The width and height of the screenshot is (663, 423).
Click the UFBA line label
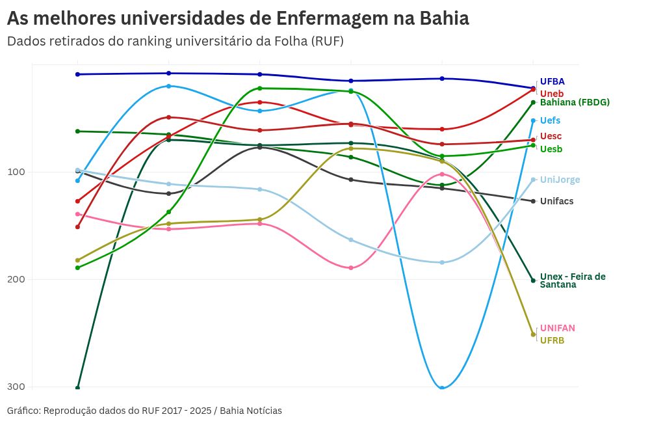pos(552,82)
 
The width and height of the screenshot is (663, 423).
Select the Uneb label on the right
pos(552,94)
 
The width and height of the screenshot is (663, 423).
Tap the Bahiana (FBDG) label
pos(575,102)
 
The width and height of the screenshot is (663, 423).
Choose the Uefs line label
pos(550,120)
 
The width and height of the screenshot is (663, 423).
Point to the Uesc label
pos(551,136)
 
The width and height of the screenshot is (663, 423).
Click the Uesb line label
pos(551,149)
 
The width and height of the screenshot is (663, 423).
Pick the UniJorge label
pos(560,180)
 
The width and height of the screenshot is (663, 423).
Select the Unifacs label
pos(556,201)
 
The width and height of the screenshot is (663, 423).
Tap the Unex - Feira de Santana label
pos(572,280)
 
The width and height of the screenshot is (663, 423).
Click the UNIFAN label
pos(557,328)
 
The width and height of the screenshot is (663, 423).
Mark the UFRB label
pos(552,340)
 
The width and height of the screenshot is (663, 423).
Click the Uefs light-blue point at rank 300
pos(442,388)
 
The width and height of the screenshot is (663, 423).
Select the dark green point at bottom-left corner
pos(77,388)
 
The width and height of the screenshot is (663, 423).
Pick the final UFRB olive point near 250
pos(533,334)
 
